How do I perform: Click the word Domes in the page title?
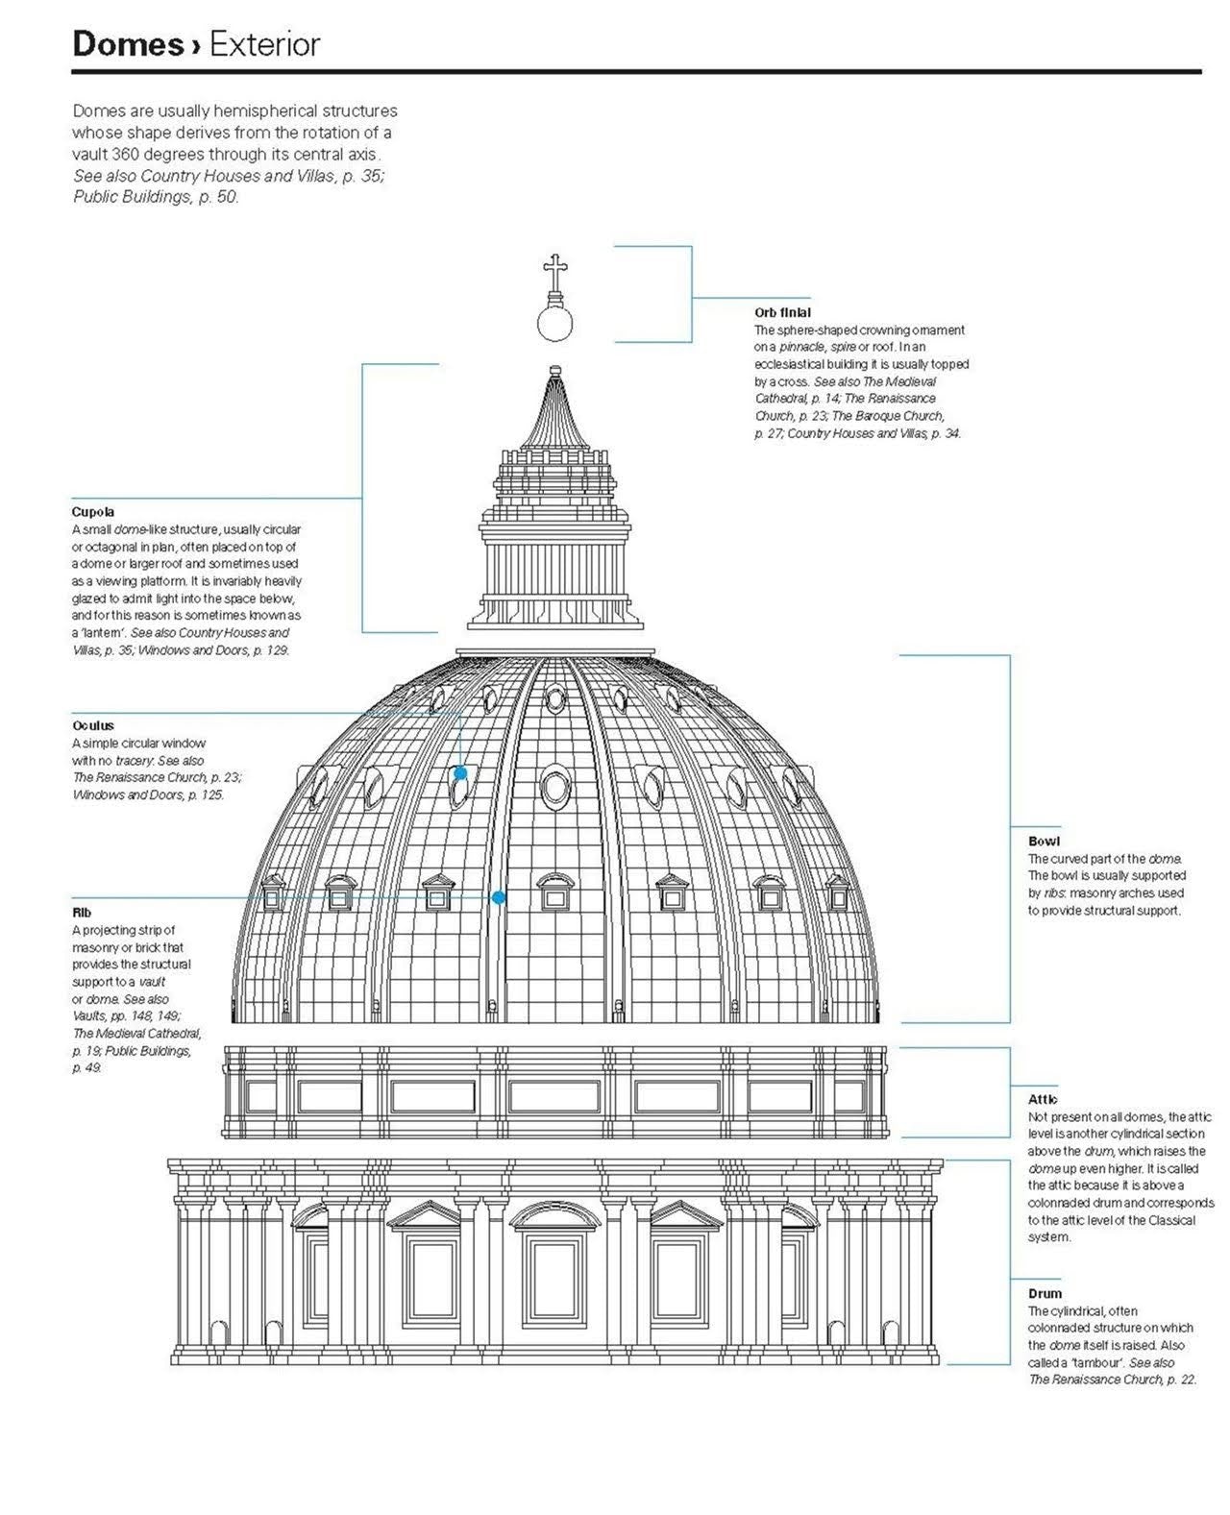click(129, 44)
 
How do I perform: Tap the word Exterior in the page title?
click(265, 44)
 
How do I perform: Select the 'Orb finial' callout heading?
click(782, 312)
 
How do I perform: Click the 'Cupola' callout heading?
click(92, 512)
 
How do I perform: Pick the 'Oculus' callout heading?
click(93, 725)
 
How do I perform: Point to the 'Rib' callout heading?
click(82, 912)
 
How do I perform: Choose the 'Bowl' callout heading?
click(1044, 841)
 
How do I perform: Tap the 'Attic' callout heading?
click(1043, 1099)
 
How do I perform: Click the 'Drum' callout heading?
click(1045, 1293)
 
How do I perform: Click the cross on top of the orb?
click(554, 272)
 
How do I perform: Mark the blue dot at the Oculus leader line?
click(460, 772)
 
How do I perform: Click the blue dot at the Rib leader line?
click(498, 897)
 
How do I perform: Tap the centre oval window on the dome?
click(555, 786)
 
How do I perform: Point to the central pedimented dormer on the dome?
click(555, 892)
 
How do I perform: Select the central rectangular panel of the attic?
click(554, 1096)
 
